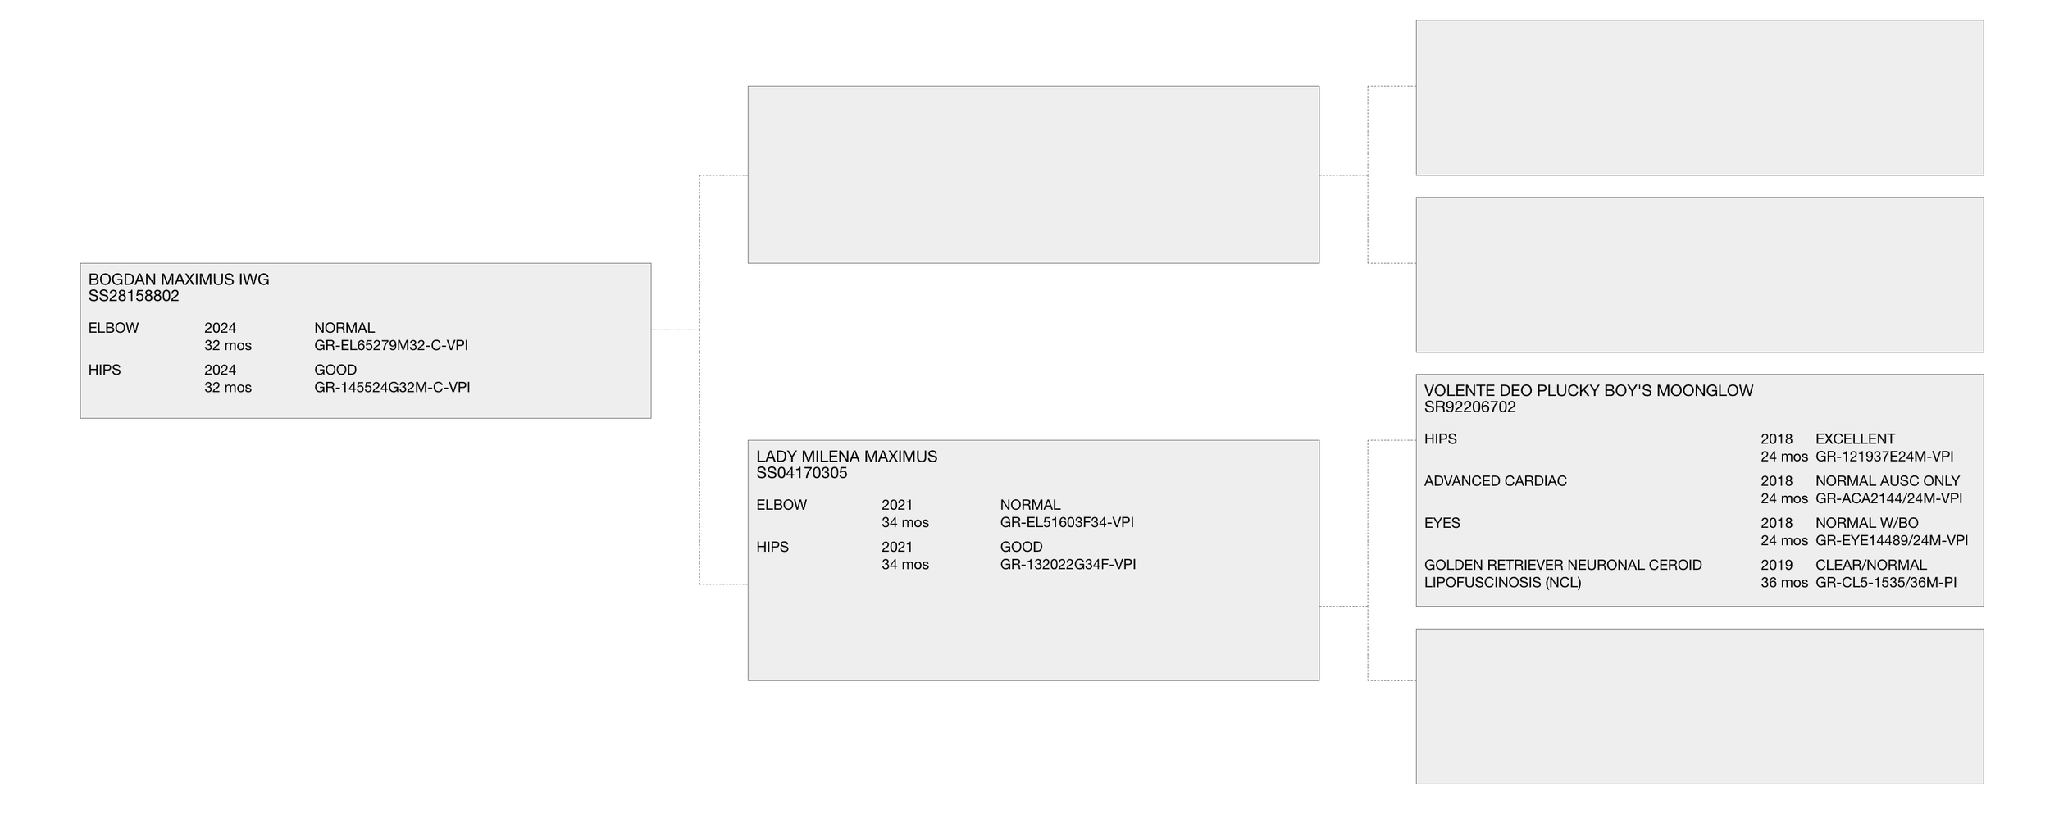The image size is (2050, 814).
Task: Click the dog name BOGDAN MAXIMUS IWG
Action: pos(179,280)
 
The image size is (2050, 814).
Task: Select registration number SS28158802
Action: pos(134,296)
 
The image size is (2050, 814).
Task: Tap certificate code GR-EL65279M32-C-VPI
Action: pos(391,346)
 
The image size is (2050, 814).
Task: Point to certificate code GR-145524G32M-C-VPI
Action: pos(392,388)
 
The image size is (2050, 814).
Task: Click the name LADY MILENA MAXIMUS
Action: pos(846,457)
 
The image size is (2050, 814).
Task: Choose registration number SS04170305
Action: pos(802,473)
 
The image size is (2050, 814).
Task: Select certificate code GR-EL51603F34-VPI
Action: pos(1067,523)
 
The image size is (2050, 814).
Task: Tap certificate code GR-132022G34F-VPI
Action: pos(1068,565)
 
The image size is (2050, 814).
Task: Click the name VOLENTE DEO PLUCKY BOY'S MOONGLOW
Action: pos(1588,391)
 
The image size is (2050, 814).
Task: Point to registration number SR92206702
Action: pos(1470,407)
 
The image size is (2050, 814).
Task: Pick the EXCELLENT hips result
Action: pos(1855,439)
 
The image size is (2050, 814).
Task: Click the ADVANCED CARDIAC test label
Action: pos(1495,481)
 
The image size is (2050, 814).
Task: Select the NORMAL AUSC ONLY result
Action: pos(1888,481)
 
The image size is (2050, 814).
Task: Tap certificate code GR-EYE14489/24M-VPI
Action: pos(1892,541)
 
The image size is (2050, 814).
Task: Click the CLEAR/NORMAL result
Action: pos(1871,565)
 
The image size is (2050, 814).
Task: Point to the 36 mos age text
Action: pos(1783,583)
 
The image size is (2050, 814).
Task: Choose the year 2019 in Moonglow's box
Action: pos(1776,565)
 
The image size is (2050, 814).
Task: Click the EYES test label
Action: pos(1442,523)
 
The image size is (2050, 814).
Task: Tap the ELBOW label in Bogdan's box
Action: pos(113,328)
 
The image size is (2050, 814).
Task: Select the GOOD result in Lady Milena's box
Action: pos(1021,547)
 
